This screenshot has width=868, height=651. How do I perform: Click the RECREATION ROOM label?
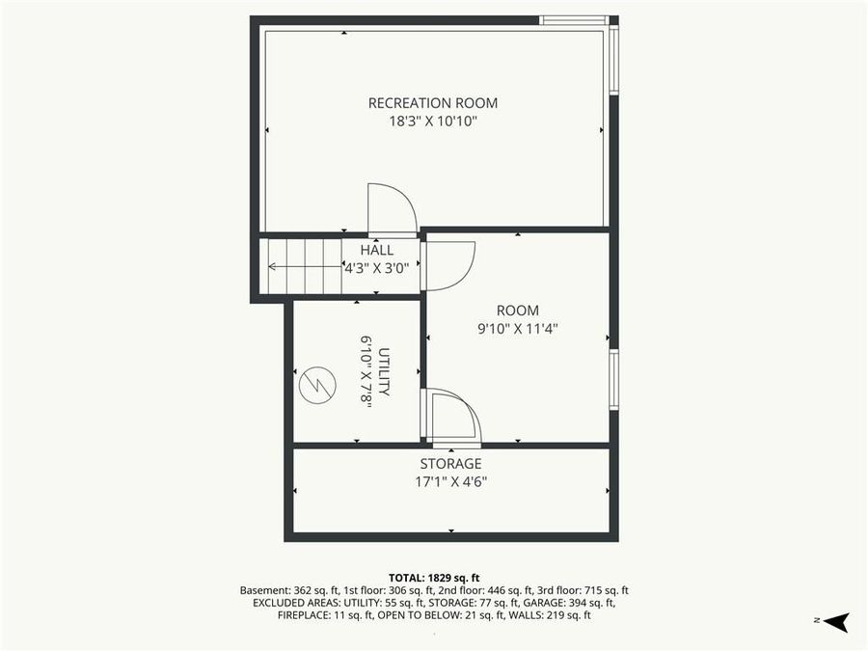433,103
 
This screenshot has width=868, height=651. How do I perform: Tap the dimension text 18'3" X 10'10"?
433,122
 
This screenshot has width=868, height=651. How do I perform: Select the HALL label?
376,250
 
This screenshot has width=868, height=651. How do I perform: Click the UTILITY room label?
383,372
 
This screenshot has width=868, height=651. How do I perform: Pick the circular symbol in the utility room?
315,387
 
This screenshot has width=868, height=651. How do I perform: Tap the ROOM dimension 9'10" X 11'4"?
518,328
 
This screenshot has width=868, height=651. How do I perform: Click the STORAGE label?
450,464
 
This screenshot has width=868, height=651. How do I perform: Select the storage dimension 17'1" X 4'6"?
450,481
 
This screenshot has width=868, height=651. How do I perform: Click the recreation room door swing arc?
393,207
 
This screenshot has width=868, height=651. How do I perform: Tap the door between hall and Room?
448,264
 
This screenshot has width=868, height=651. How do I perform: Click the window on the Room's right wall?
613,379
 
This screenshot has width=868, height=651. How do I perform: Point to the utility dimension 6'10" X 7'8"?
366,372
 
